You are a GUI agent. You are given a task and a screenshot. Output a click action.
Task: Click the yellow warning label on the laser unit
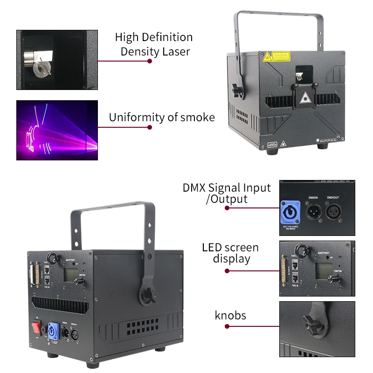click(280, 56)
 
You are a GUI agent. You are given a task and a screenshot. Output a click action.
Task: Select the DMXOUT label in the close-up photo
click(334, 198)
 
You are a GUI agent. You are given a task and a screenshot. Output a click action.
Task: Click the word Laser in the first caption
click(176, 51)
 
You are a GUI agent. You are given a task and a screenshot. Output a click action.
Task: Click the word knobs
click(230, 316)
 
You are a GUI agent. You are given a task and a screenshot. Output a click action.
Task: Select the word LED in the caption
click(212, 247)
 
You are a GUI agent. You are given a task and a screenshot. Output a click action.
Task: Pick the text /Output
click(227, 199)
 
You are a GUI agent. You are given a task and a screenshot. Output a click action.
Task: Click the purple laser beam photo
click(57, 130)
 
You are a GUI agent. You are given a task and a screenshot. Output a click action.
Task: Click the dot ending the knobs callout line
click(227, 327)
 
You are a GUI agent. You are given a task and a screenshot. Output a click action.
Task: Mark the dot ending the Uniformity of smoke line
click(150, 127)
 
